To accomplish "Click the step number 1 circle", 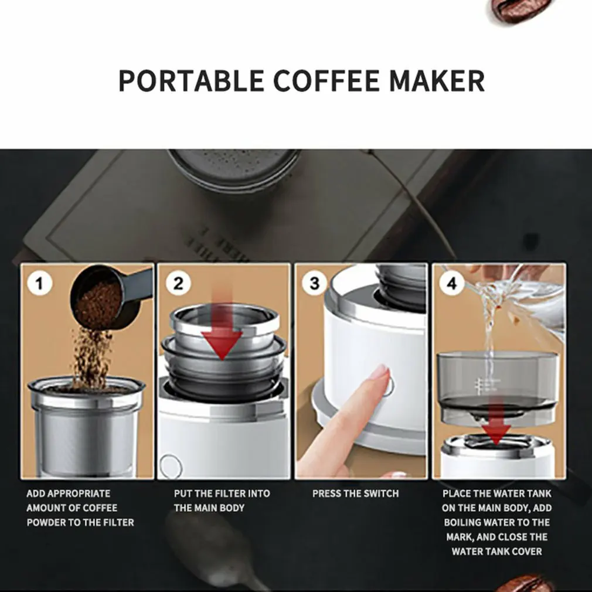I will [x=40, y=284].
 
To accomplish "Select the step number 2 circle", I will [x=178, y=284].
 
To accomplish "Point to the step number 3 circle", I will [x=315, y=284].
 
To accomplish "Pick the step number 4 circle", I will [x=452, y=284].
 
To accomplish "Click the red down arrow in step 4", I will [x=497, y=425].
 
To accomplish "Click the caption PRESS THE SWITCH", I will [x=355, y=494].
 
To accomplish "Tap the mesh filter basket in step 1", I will [x=86, y=434].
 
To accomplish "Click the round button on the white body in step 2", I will [x=171, y=464].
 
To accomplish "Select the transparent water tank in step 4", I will [x=497, y=381].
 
